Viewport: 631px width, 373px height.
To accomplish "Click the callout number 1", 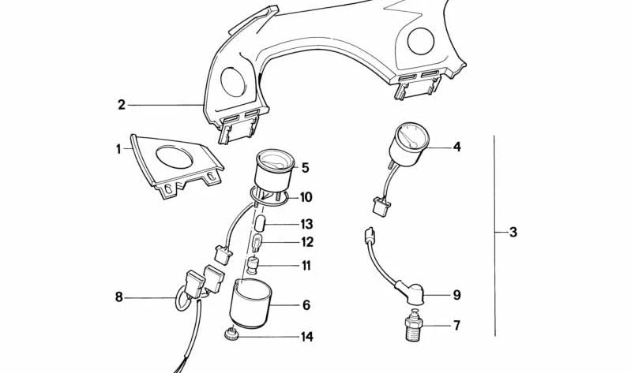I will tap(118, 147).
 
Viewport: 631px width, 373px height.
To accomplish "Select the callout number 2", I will tap(122, 104).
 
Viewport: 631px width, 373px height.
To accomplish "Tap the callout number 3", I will tap(513, 233).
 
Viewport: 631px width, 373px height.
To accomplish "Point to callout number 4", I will tap(456, 147).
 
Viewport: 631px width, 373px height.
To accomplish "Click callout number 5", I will tap(305, 167).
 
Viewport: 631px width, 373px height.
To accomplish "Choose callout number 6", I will tap(306, 305).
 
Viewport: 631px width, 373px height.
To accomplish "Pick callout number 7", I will tap(456, 325).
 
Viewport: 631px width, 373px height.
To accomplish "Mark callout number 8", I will tap(119, 297).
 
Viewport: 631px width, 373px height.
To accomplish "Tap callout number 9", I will tap(456, 296).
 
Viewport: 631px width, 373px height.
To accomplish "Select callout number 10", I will tap(306, 197).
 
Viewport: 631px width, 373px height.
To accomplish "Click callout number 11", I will tap(306, 266).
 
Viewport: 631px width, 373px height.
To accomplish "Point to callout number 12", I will tap(306, 243).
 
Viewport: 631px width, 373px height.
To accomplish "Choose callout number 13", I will tap(306, 224).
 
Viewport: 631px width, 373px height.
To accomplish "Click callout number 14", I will tap(306, 337).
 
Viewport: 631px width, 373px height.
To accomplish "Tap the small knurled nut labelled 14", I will tap(232, 336).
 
